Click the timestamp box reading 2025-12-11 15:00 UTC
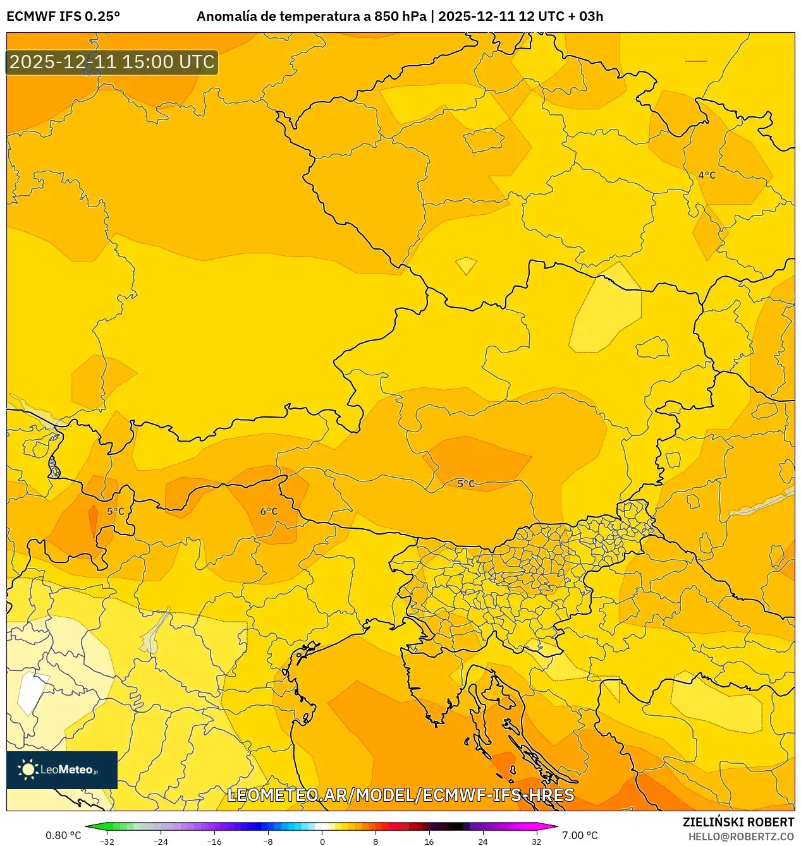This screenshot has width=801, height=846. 112,62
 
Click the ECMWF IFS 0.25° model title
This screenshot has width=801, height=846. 63,16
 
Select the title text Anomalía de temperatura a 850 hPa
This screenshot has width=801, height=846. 311,16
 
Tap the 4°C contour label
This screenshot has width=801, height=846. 707,175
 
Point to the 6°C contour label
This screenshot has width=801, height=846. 269,511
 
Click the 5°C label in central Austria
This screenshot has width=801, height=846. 466,483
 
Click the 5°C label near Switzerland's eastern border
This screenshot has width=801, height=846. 116,511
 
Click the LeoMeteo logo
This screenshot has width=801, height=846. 62,770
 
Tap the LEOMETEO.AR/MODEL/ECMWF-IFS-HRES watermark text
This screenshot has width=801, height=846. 400,795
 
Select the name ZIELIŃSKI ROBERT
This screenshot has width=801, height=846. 738,822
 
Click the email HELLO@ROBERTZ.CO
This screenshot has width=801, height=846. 741,837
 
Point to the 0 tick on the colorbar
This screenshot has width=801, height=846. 322,841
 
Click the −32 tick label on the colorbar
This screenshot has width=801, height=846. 107,841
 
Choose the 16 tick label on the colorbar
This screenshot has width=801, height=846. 429,841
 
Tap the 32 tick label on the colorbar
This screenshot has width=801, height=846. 536,841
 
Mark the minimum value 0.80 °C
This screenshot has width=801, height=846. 63,835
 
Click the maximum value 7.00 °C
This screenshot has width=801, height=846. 580,835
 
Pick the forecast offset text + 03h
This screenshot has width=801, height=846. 586,16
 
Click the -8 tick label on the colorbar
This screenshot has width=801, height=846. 268,841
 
